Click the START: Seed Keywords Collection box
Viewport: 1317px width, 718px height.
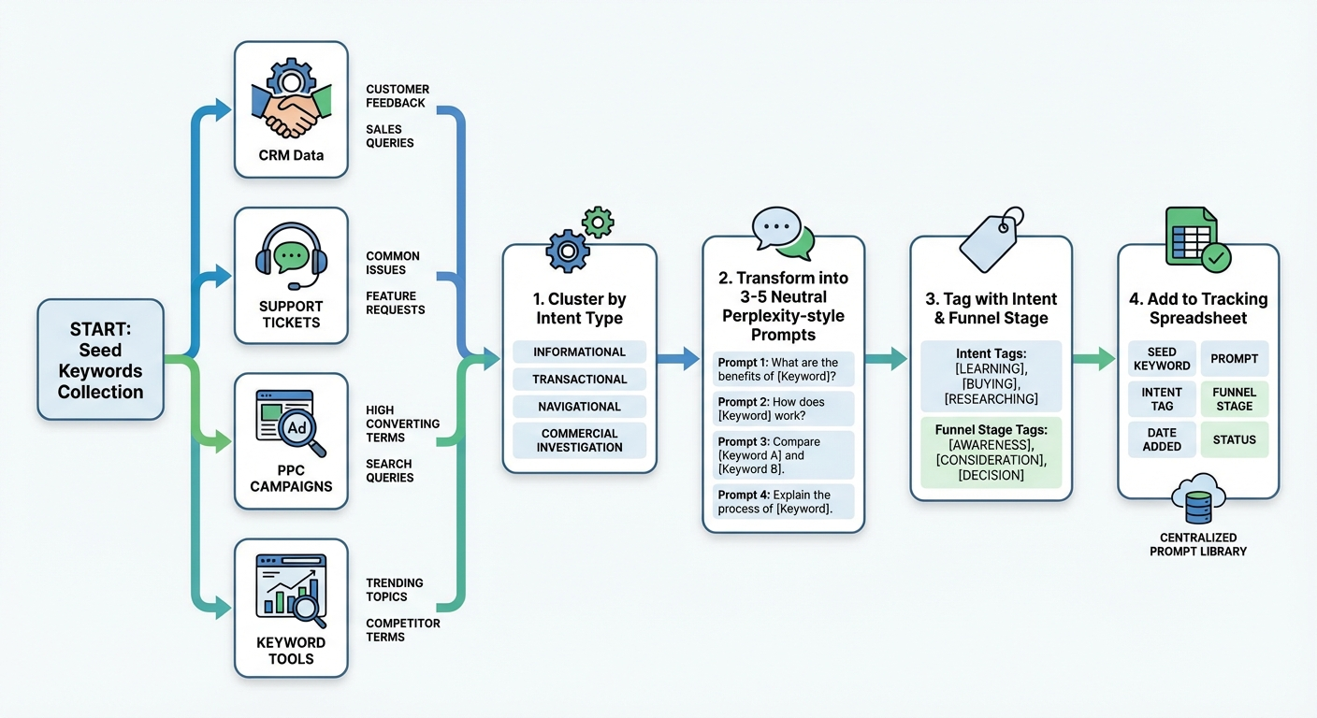click(x=100, y=360)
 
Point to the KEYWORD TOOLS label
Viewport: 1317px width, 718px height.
click(x=291, y=651)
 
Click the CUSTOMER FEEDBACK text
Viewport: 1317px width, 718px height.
click(x=398, y=96)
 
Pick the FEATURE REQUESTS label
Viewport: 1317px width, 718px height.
click(x=395, y=303)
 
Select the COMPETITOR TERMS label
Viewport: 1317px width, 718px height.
click(x=402, y=630)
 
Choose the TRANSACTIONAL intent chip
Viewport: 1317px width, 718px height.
click(x=579, y=380)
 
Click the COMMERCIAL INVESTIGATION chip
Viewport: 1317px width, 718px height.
click(x=579, y=440)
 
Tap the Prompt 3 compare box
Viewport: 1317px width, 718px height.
click(x=784, y=455)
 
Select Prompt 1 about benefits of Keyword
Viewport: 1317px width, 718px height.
click(x=784, y=369)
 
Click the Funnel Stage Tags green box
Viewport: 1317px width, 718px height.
click(x=991, y=452)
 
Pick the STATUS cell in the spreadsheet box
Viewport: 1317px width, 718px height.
click(x=1234, y=439)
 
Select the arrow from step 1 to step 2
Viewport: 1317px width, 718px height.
click(x=678, y=357)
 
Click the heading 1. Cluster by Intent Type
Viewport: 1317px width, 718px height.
click(x=580, y=309)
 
